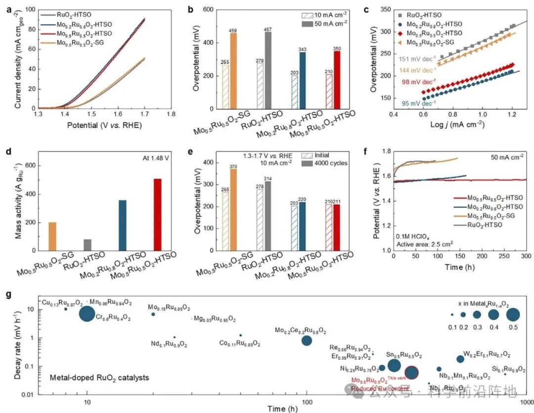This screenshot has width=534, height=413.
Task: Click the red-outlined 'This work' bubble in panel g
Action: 412,372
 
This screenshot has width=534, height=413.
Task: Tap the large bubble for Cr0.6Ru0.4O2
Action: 87,314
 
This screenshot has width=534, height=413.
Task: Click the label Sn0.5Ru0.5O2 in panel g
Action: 404,355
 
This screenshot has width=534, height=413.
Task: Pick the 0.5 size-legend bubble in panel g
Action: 513,315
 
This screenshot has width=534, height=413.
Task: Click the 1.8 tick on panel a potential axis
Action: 171,113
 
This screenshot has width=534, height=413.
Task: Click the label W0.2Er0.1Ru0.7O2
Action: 487,354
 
